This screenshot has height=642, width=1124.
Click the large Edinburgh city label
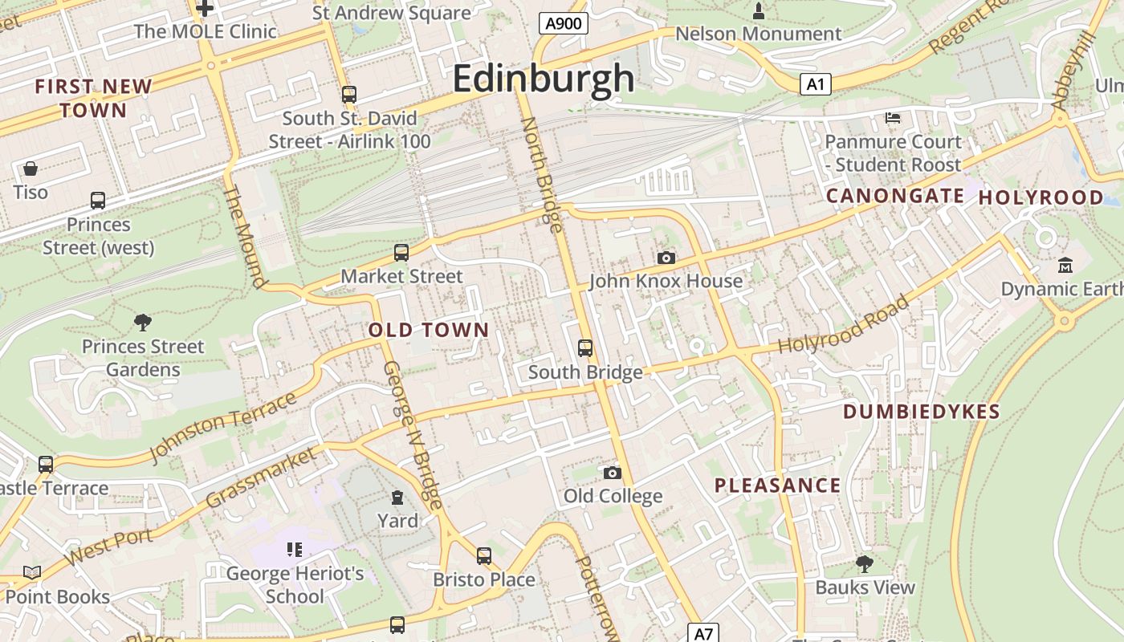tap(544, 79)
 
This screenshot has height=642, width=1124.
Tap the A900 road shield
tap(563, 23)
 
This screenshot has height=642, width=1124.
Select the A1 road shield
tap(815, 84)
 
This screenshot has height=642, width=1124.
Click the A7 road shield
tap(703, 633)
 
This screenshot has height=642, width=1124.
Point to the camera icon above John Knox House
tap(666, 258)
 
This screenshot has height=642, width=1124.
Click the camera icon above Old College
tap(613, 473)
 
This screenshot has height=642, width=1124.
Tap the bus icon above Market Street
tap(401, 253)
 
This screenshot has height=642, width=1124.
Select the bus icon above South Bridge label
tap(585, 348)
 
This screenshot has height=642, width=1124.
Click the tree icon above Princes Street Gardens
tap(143, 323)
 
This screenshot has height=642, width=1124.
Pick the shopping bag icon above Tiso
tap(31, 169)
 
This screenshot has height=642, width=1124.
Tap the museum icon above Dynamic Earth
tap(1065, 265)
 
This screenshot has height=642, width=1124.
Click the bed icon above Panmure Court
tap(893, 118)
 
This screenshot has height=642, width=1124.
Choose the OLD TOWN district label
tap(429, 330)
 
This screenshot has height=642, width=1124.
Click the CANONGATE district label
tap(895, 196)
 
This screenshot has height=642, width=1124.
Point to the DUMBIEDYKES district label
tap(922, 412)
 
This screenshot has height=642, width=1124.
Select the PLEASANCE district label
tap(777, 486)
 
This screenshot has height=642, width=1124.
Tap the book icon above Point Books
tap(32, 572)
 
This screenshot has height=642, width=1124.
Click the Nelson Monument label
tap(758, 34)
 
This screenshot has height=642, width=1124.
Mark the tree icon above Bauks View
tap(865, 563)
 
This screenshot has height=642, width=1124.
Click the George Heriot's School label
tap(295, 585)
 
